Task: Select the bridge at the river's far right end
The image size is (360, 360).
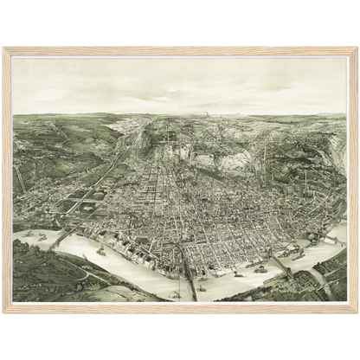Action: (x=333, y=239)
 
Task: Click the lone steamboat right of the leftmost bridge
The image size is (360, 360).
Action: (x=101, y=251)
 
